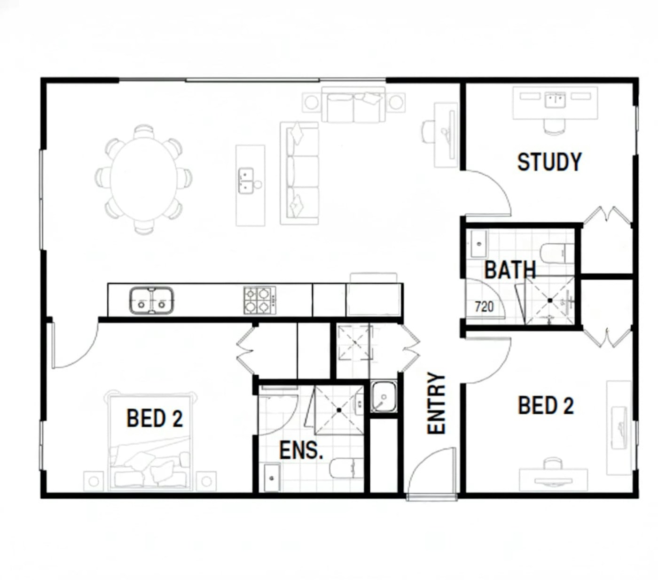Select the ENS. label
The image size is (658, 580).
301,450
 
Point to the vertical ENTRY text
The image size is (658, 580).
436,403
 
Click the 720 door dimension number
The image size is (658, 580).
484,306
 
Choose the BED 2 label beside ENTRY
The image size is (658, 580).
546,405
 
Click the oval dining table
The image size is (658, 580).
143,179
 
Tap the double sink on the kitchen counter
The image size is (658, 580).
151,300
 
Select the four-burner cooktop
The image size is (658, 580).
260,300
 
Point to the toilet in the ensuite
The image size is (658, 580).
346,468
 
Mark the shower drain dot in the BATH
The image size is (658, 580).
549,301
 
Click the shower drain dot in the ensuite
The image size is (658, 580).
339,410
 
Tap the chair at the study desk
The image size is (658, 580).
554,127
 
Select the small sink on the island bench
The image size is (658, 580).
246,181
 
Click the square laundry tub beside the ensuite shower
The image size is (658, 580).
384,397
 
